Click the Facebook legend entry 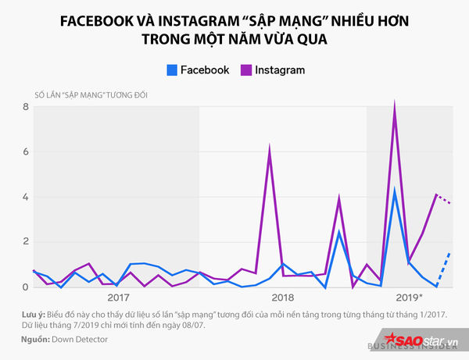199,70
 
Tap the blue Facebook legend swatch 171,70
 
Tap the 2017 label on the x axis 117,298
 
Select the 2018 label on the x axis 283,298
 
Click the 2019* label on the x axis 409,298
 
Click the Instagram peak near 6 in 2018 270,147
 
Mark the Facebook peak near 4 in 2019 395,191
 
